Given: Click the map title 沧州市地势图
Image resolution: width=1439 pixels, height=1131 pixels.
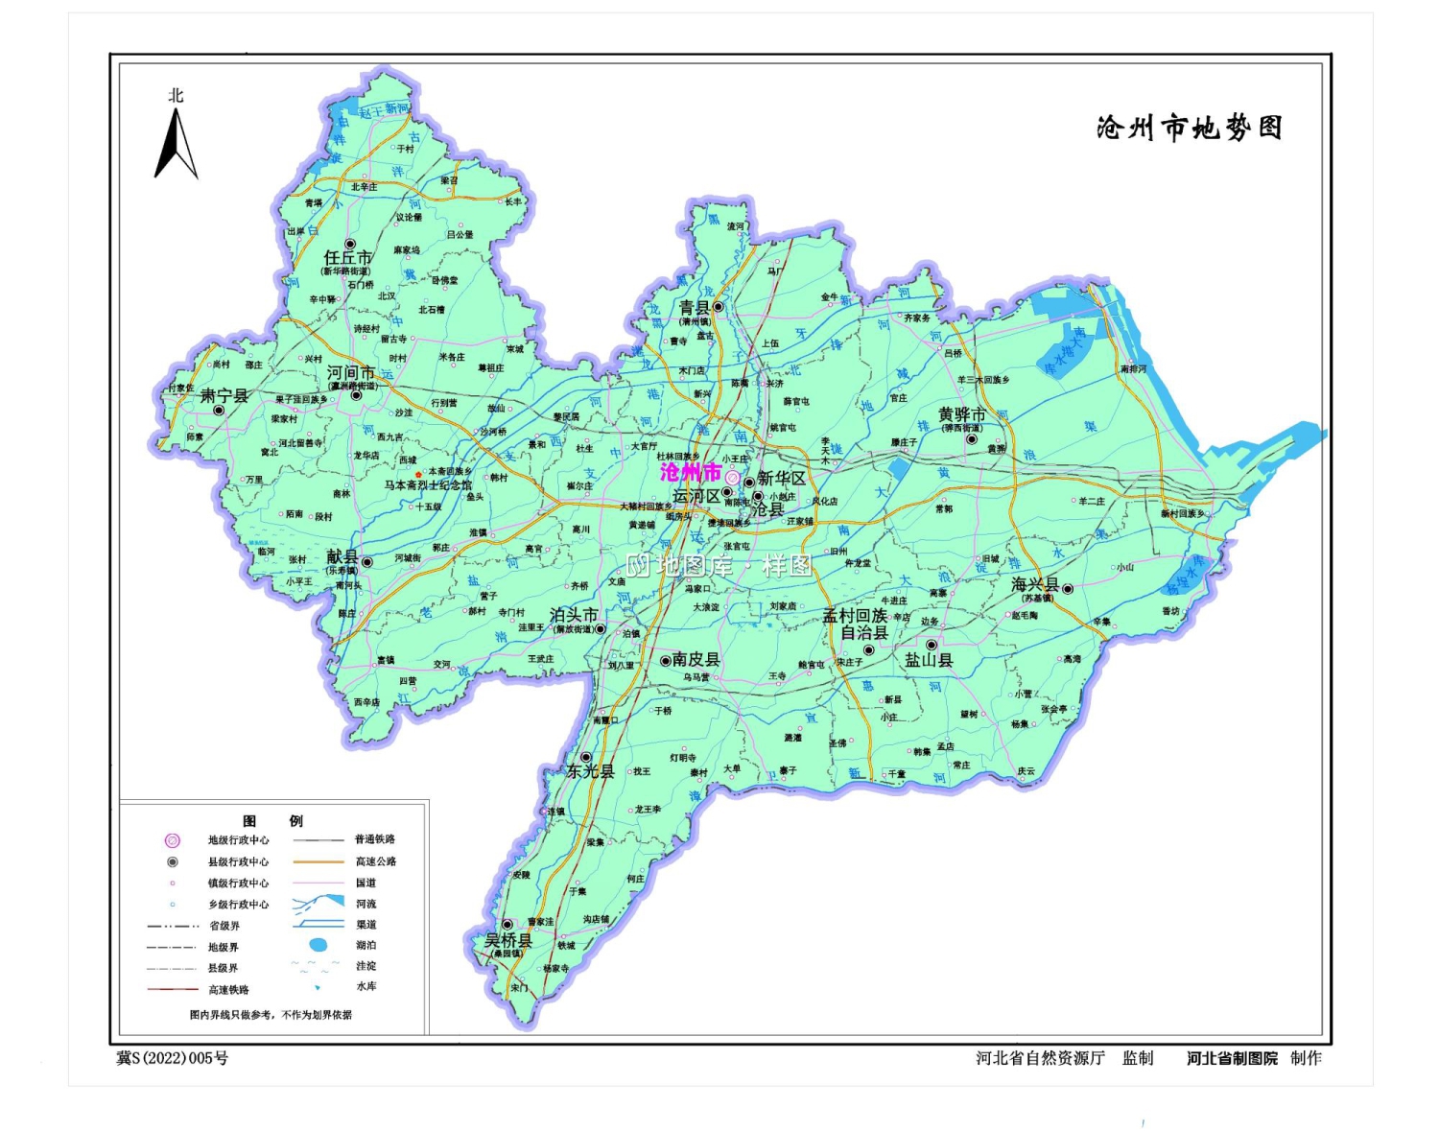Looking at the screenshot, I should point(1189,128).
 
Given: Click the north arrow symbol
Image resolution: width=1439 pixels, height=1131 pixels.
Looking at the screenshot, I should point(176,144).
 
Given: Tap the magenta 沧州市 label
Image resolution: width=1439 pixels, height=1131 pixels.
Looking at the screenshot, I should point(690,473).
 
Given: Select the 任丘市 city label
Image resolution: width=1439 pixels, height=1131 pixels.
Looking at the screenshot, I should point(347,258).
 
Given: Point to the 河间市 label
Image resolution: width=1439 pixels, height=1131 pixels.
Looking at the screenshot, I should point(350,373).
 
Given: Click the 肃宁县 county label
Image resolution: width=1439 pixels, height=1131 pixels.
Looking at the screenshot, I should point(224,395).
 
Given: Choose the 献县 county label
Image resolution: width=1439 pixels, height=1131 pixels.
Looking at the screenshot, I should point(342,557).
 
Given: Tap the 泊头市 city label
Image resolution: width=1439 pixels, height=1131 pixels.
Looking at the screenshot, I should point(574,615).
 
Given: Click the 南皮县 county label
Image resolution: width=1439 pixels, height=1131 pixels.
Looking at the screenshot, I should point(696,659).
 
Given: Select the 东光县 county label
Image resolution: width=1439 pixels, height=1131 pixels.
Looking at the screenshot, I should point(589,771).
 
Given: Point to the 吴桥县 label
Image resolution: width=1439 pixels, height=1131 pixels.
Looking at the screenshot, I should point(507,940).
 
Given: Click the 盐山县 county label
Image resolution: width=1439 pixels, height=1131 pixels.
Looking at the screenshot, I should point(929,660).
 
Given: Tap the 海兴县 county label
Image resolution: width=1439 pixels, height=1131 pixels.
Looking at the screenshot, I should point(1035,584).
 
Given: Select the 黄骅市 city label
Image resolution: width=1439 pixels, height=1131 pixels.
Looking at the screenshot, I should point(961,414).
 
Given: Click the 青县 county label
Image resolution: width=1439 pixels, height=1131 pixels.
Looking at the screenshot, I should point(694,307).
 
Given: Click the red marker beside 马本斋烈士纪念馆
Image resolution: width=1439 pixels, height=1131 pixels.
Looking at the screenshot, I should point(418,475).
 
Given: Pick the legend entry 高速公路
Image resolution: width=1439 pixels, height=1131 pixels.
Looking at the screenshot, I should point(375,861).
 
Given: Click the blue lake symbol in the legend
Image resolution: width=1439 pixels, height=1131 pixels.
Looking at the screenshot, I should point(318,945).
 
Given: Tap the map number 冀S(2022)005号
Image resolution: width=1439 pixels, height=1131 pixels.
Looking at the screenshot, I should point(173,1058).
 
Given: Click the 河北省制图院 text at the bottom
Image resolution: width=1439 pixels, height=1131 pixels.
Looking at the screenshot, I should point(1232,1058).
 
